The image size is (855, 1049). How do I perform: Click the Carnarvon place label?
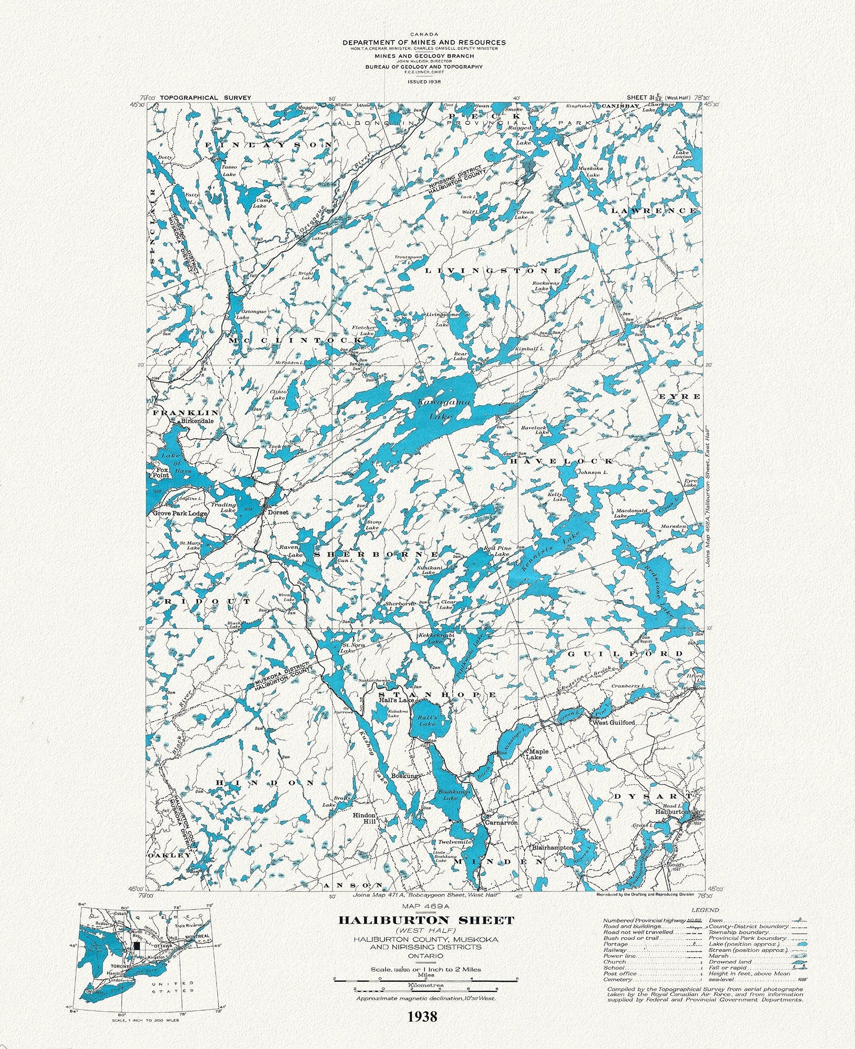[501, 823]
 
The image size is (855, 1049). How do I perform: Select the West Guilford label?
[613, 722]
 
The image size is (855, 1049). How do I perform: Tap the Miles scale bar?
[425, 980]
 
